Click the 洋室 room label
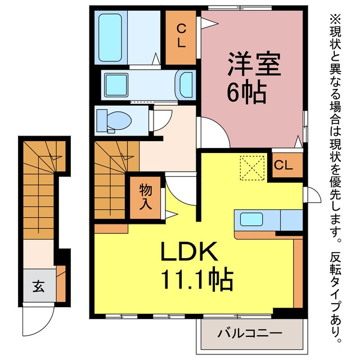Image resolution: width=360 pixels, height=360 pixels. [254, 64]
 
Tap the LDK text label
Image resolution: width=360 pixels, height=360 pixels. [189, 251]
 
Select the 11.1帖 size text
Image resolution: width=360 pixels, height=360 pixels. [197, 279]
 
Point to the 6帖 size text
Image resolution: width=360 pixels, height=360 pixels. [246, 92]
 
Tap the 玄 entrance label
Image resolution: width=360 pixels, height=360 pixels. [38, 286]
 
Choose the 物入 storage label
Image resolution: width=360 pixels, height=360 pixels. [146, 197]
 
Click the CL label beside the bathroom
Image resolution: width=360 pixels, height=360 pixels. [181, 36]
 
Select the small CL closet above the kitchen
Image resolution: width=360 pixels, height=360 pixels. [283, 165]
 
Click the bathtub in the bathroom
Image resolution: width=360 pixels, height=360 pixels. [110, 38]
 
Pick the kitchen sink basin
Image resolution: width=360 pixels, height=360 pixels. [251, 219]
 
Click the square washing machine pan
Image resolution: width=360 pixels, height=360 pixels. [116, 85]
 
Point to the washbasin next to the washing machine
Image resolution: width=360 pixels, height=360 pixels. [186, 85]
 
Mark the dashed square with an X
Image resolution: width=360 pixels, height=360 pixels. [252, 168]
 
